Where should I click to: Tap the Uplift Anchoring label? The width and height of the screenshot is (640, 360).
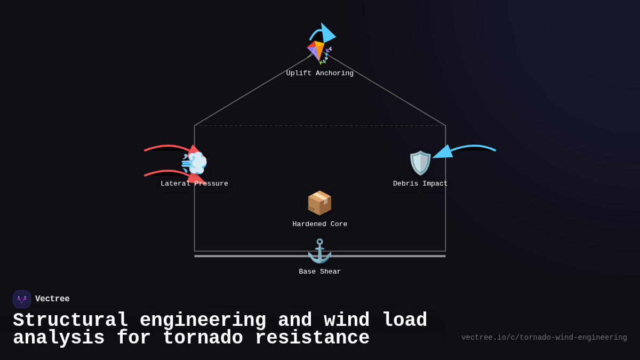coord(320,74)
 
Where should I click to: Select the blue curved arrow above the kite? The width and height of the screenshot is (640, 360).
coord(322,33)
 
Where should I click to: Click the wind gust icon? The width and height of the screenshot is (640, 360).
coord(194,163)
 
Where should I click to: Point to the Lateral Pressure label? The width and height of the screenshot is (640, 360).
coord(194,184)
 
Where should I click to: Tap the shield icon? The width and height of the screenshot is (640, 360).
coord(420,163)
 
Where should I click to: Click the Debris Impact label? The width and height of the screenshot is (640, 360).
coord(420,184)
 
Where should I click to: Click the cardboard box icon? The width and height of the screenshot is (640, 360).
coord(319,203)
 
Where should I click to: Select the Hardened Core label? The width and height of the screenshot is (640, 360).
coord(320,225)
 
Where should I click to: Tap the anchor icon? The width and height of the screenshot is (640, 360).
coord(319,251)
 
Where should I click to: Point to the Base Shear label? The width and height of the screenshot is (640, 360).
coord(320,272)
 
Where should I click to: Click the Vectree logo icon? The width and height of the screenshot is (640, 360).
coord(22,299)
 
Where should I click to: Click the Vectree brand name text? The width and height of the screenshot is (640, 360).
coord(52,299)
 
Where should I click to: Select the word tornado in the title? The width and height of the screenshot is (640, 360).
coord(203,338)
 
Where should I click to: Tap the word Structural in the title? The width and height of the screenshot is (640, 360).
coord(70,321)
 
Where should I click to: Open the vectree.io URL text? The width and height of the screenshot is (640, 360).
coord(544,338)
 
